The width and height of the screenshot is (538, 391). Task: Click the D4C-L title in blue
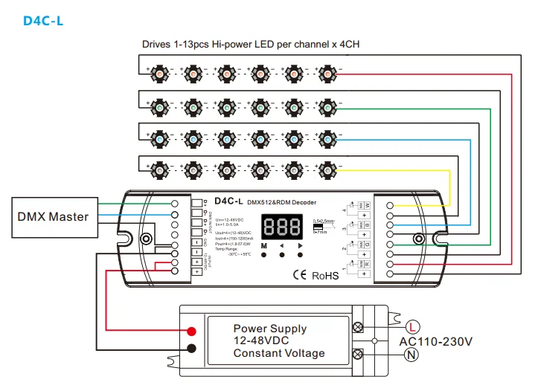pyautogui.click(x=43, y=20)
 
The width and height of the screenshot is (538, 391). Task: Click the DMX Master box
pyautogui.click(x=53, y=217)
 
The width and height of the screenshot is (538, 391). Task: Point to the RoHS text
pyautogui.click(x=324, y=275)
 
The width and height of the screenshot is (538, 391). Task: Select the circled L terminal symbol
pyautogui.click(x=414, y=326)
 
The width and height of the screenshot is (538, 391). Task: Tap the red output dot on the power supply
pyautogui.click(x=191, y=331)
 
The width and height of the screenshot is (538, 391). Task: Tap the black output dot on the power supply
pyautogui.click(x=191, y=348)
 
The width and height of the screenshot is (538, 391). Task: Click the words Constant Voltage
pyautogui.click(x=279, y=353)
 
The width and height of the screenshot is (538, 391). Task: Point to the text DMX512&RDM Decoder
pyautogui.click(x=281, y=202)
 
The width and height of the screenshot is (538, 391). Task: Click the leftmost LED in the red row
pyautogui.click(x=161, y=74)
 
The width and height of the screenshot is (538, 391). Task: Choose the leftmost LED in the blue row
pyautogui.click(x=161, y=139)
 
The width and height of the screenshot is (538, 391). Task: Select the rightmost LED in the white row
pyautogui.click(x=325, y=172)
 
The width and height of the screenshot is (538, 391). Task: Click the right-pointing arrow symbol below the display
pyautogui.click(x=301, y=245)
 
